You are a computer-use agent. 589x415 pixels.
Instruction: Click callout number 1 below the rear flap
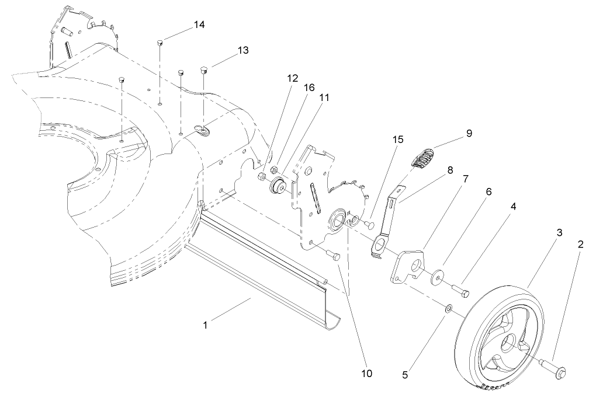(x=205, y=325)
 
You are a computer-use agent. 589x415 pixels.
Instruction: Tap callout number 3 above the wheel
(x=559, y=232)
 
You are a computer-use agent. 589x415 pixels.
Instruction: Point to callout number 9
(x=469, y=133)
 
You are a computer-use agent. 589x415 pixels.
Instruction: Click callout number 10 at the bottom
(x=367, y=373)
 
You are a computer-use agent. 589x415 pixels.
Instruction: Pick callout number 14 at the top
(x=200, y=25)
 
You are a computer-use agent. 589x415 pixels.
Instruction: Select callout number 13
(x=242, y=50)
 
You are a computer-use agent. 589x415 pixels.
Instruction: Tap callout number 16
(x=309, y=87)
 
